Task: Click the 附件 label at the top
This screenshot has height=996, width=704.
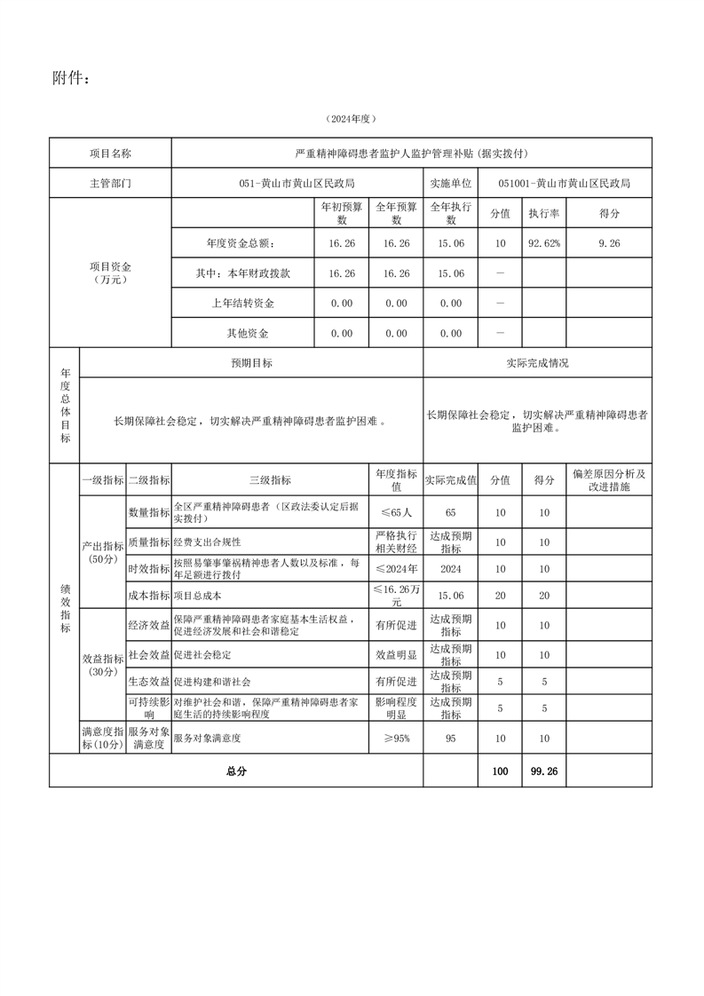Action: coord(71,80)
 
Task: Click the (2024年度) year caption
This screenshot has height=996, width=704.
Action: coord(352,119)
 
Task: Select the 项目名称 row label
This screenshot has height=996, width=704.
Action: coord(110,154)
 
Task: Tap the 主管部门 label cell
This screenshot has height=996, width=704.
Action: coord(110,184)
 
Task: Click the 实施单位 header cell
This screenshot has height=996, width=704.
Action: coord(451,184)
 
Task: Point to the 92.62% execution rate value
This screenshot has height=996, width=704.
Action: coord(544,243)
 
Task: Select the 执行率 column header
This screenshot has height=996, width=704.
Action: coord(544,214)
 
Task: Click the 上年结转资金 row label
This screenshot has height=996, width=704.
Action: coord(243,304)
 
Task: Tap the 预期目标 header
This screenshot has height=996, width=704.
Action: coord(251,363)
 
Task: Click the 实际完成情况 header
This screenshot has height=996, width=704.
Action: coord(538,363)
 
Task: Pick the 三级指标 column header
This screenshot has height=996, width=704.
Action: coord(270,480)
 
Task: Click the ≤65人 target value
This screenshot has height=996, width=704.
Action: coord(396,513)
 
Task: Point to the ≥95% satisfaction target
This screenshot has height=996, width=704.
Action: coord(396,738)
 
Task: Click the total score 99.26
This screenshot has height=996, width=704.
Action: coord(543,771)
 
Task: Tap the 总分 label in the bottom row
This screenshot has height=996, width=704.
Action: coord(236,771)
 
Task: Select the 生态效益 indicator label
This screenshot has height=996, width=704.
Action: coord(149,682)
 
